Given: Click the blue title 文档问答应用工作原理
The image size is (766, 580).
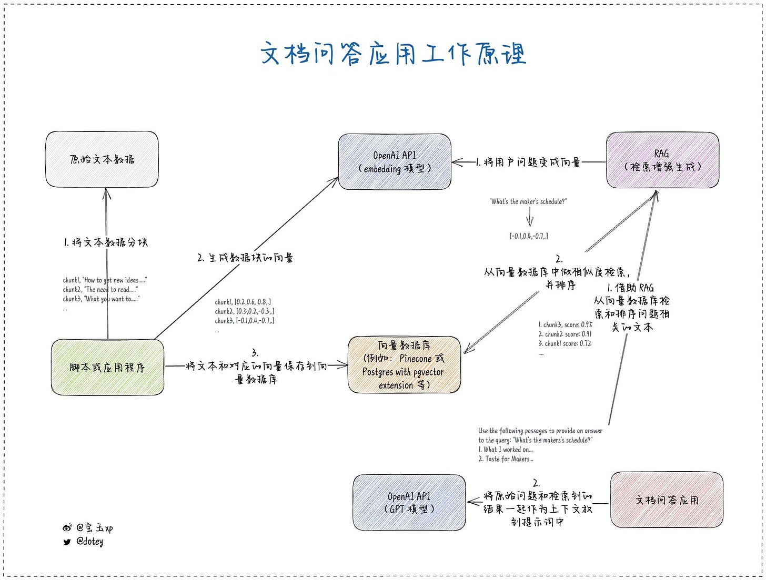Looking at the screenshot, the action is (x=394, y=54).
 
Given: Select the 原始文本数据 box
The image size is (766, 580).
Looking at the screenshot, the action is (x=102, y=159).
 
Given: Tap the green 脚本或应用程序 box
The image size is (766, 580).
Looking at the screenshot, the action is (x=107, y=367).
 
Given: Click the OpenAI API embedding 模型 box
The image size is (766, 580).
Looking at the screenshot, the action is (x=395, y=162).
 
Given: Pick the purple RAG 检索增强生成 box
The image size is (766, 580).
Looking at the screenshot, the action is (x=662, y=160).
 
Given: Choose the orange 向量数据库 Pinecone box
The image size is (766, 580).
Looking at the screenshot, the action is (x=404, y=365).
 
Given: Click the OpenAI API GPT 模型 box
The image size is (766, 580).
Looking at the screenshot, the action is (x=409, y=503).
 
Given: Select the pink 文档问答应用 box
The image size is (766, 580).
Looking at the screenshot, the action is (x=667, y=500).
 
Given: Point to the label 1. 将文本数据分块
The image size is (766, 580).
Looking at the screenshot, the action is (x=106, y=242).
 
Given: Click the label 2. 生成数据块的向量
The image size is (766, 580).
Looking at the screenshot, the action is (x=245, y=258).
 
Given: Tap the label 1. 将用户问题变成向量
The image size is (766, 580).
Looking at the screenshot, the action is (x=528, y=162).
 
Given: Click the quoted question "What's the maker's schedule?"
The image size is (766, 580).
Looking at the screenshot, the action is (x=528, y=201).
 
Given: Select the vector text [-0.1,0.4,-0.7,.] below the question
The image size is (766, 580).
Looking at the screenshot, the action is (x=529, y=236).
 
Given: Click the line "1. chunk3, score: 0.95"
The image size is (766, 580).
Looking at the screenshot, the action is (x=565, y=324).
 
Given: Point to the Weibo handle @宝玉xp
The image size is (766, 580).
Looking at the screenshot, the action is (x=95, y=528).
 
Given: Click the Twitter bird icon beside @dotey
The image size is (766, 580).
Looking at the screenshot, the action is (x=67, y=542).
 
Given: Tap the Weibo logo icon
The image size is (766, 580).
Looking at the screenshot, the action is (x=67, y=528).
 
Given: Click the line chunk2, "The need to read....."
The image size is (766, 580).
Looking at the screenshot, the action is (x=100, y=290).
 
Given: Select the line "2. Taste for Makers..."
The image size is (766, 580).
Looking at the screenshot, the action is (x=506, y=459).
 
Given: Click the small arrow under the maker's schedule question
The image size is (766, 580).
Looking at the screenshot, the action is (x=530, y=217).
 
